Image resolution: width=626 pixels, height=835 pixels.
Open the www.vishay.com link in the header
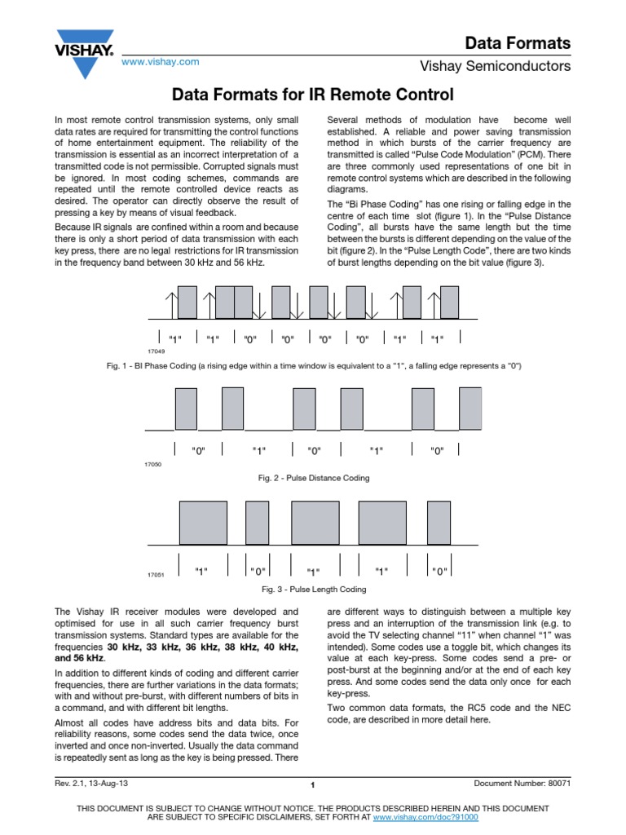(x=160, y=61)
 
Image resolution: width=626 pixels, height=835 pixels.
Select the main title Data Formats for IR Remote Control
(x=312, y=94)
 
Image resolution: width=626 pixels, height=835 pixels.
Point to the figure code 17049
(x=156, y=351)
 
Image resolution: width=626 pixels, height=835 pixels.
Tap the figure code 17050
(x=152, y=463)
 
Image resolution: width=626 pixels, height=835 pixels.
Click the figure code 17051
(x=155, y=575)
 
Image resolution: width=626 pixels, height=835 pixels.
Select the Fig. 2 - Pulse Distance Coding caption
(x=313, y=478)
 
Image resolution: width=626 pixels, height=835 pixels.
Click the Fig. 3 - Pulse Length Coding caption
(x=313, y=589)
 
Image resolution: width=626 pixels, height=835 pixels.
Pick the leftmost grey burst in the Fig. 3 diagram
(x=203, y=523)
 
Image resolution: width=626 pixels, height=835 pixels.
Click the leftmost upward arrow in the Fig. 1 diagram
(x=169, y=303)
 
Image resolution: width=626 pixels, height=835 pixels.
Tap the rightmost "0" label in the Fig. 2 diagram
(x=437, y=451)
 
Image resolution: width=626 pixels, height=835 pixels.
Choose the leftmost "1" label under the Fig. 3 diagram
(x=201, y=571)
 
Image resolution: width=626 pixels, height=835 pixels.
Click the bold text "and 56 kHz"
(x=79, y=657)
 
